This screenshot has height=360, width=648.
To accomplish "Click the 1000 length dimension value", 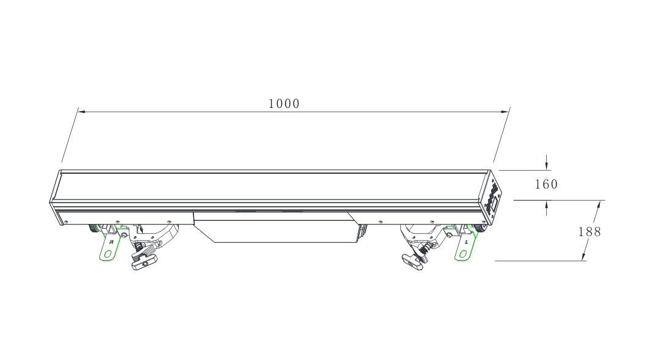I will coord(284,104).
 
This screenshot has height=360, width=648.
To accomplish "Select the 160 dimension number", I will coord(546,184).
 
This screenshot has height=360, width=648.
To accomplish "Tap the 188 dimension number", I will coord(589,232).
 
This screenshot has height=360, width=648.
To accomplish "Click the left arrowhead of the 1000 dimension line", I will coord(82,112).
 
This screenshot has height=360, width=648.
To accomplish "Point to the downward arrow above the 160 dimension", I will coord(547,165).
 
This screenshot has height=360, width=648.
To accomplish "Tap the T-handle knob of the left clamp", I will coord(143,262).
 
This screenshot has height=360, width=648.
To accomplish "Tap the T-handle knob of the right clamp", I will coord(412,262).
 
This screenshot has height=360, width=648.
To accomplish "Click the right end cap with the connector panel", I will coord(492,197).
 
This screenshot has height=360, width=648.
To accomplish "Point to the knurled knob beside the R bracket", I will coord(94,229).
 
